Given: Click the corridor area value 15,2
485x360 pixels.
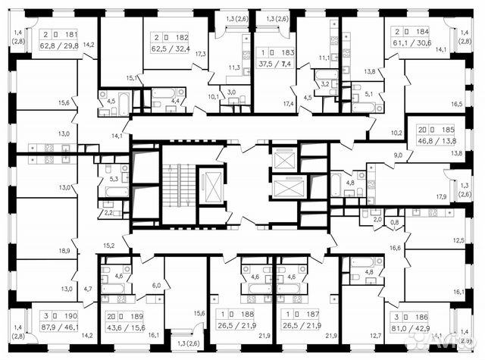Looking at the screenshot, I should (108, 246).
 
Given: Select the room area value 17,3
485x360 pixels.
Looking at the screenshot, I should (200, 54).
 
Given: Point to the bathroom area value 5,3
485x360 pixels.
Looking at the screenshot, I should (114, 179).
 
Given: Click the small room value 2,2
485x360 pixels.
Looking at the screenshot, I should (108, 212).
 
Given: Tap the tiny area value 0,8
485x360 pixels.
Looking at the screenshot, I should (393, 222).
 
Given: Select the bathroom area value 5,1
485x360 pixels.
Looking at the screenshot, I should (369, 95).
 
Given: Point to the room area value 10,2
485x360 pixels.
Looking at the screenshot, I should (396, 132).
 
